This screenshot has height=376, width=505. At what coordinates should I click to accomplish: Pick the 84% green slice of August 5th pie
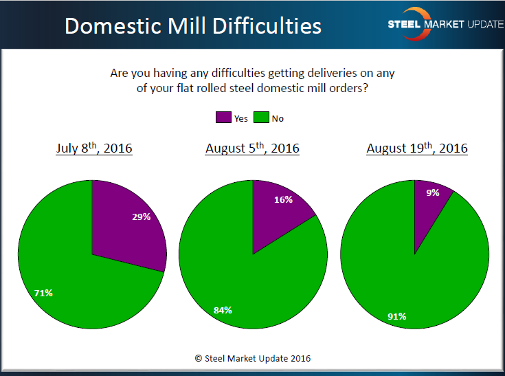coord(240,289)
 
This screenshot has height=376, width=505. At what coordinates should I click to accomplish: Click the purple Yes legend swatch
coord(223,118)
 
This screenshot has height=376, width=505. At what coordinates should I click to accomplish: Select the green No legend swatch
coord(261,118)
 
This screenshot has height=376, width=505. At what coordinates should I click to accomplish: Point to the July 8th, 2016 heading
coord(94,148)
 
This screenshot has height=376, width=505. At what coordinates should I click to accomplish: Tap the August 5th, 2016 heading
coord(252,148)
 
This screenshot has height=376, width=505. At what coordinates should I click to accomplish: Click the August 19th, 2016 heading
coord(416,148)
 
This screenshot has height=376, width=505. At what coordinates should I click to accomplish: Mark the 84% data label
coord(221,310)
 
